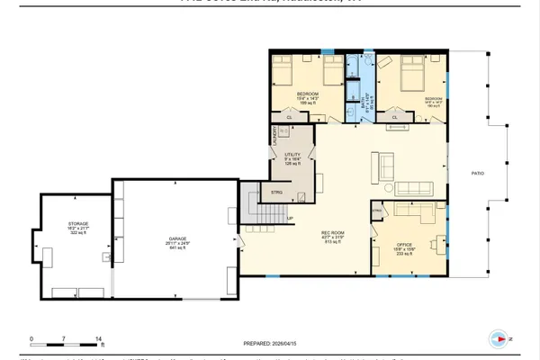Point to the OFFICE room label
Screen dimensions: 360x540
pyautogui.click(x=404, y=246)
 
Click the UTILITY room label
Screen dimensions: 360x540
pyautogui.click(x=292, y=156)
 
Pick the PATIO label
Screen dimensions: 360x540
pyautogui.click(x=481, y=173)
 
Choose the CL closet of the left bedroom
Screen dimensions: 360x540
pyautogui.click(x=290, y=116)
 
